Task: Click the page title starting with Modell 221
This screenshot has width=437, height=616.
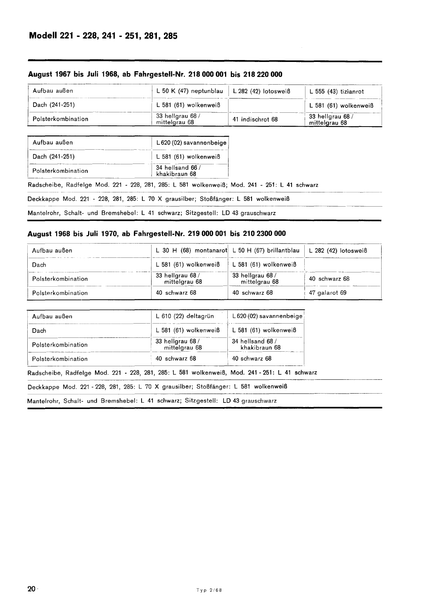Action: coord(103,36)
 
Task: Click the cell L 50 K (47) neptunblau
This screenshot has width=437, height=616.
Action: coord(190,91)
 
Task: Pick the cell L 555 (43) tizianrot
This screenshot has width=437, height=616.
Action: coord(337,92)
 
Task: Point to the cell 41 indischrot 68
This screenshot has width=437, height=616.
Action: coord(255,119)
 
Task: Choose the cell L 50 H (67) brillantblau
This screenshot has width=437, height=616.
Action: coord(266,250)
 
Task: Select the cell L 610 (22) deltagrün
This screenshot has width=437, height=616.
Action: coord(185,316)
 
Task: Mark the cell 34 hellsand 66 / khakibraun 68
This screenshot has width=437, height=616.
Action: coord(178,171)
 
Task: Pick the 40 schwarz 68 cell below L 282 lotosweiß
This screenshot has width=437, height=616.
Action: coord(329,279)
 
